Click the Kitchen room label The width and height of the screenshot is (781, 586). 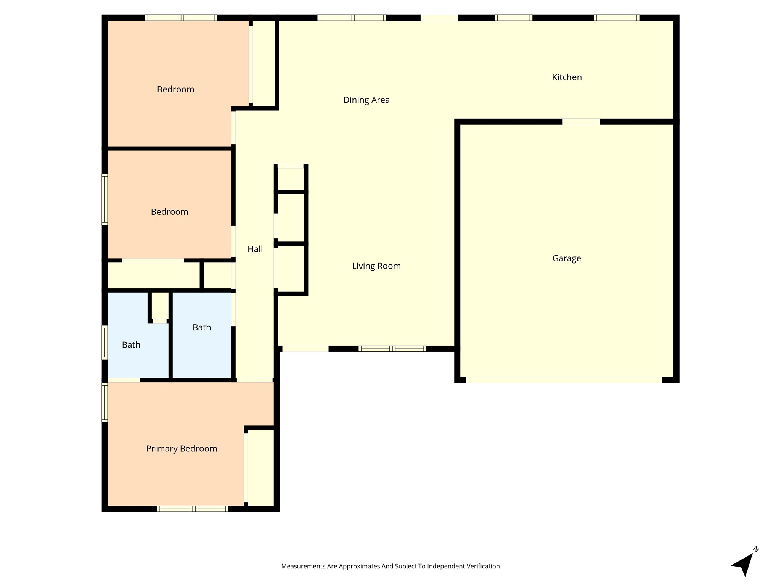[567, 77]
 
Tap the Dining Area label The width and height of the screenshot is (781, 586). [366, 100]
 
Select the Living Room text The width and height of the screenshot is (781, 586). [376, 266]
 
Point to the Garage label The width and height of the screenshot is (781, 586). [567, 258]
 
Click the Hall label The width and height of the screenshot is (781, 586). [255, 249]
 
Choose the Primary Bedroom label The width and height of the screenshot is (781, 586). [182, 449]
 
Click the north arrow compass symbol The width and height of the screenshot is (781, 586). [744, 563]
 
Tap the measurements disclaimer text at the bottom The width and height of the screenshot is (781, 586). [390, 566]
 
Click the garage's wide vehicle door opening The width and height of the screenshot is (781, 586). [564, 380]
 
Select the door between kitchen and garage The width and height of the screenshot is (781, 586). [581, 122]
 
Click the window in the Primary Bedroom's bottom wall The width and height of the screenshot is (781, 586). [193, 509]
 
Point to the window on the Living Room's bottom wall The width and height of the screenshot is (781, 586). [392, 349]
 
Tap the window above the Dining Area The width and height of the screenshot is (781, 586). [352, 18]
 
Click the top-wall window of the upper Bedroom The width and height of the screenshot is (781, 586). [181, 18]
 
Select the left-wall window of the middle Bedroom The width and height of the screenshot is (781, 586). [104, 199]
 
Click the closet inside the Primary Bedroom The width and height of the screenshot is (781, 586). [261, 467]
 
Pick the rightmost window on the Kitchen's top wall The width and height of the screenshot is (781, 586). [617, 18]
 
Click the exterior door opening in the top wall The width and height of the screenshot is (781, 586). [439, 18]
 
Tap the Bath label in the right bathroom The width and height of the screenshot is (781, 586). [202, 327]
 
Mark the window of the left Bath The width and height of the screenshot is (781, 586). [104, 342]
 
